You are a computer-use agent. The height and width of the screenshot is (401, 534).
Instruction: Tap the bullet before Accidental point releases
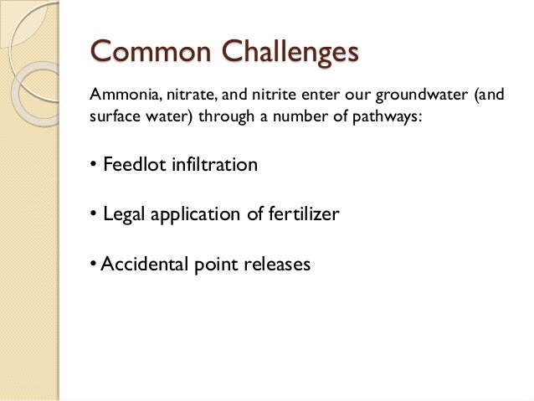point(93,265)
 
